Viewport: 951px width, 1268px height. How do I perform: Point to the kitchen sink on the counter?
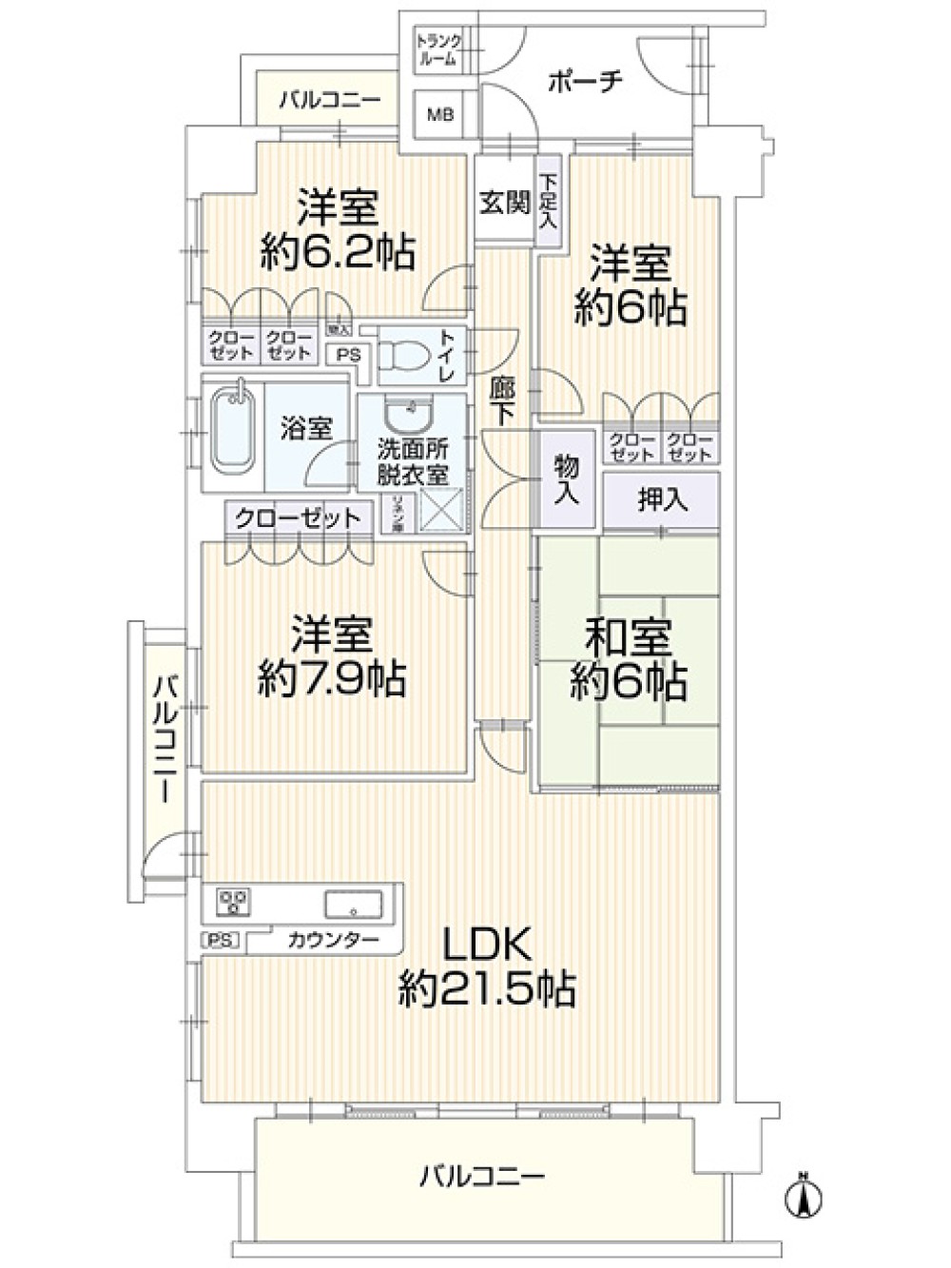coord(353,902)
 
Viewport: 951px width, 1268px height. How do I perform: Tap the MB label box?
coord(439,115)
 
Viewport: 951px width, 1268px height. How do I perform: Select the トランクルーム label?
coord(438,49)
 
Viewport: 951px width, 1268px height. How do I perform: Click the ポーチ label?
coord(585,82)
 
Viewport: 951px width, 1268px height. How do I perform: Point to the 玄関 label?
coord(503,203)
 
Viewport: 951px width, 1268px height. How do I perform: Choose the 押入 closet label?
coord(662,499)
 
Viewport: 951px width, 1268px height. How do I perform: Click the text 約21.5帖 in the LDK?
coord(487,990)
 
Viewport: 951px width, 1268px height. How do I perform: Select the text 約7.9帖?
coord(332,679)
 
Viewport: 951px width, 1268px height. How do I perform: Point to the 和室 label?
coord(628,637)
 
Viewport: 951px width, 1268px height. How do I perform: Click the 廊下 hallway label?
coord(502,400)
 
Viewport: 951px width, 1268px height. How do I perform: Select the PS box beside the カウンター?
coord(220,941)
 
